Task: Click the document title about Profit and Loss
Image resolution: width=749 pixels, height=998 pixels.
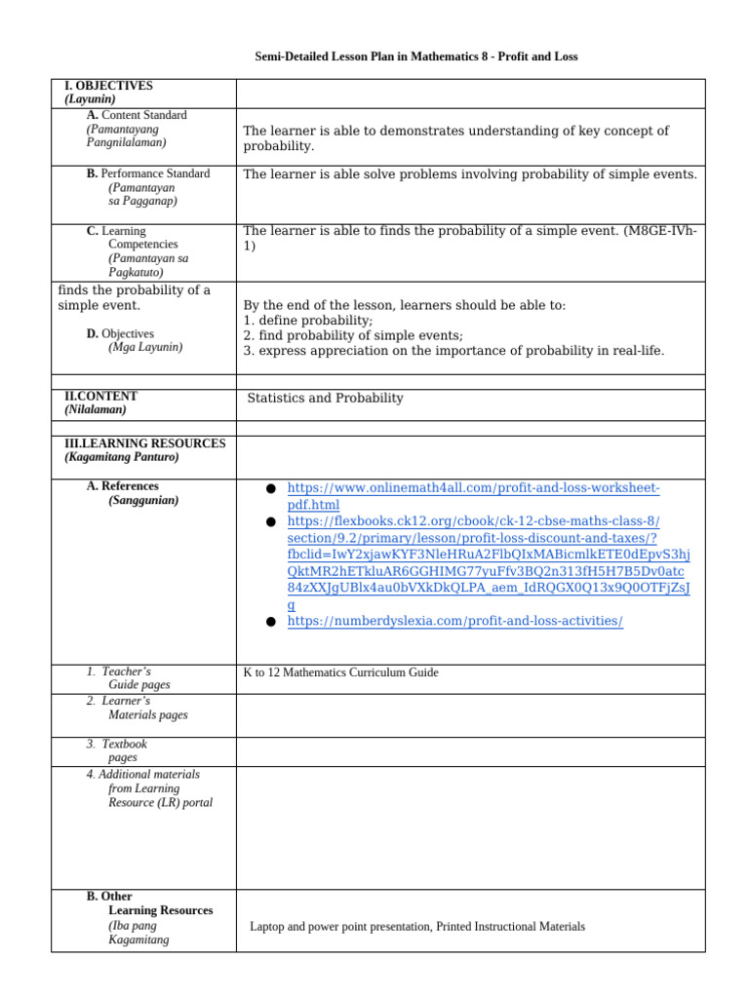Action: click(x=416, y=57)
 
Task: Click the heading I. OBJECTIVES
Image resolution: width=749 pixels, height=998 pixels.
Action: click(x=108, y=86)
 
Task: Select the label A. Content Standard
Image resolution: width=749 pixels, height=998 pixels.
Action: click(x=137, y=115)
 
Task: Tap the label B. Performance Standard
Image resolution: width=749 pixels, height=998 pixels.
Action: click(x=147, y=173)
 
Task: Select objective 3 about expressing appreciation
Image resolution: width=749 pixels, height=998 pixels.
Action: click(x=453, y=351)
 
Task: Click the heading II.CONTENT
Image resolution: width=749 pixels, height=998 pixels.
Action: click(x=100, y=397)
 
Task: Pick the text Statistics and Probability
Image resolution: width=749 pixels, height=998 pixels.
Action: click(x=325, y=398)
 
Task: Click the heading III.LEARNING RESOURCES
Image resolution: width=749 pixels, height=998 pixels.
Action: click(x=144, y=443)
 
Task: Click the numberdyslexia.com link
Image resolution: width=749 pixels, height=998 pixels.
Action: click(x=454, y=621)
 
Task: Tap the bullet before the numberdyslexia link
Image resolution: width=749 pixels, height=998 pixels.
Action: click(x=270, y=622)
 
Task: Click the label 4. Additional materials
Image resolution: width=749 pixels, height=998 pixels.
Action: click(x=142, y=775)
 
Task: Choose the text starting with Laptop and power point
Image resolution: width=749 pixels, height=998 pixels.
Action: click(x=417, y=927)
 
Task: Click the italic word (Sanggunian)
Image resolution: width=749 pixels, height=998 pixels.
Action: click(x=143, y=500)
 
